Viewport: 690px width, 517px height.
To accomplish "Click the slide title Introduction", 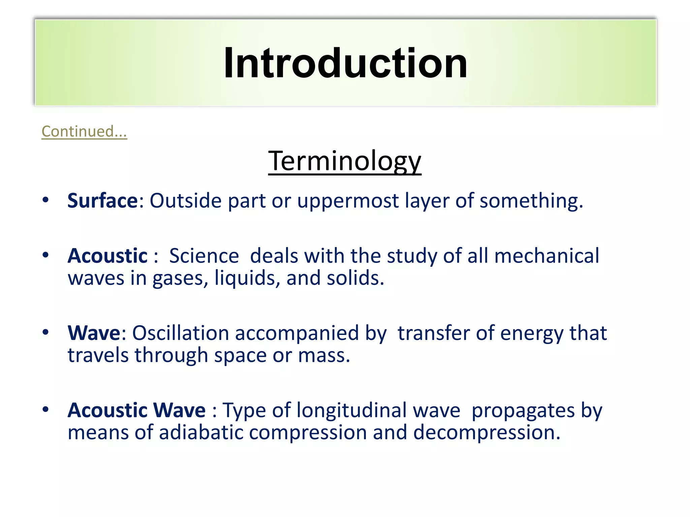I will click(x=345, y=63).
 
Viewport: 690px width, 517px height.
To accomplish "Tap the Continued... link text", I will click(x=84, y=131).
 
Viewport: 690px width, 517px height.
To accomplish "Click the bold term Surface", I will click(x=102, y=201).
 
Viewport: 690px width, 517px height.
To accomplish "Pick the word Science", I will click(x=204, y=256).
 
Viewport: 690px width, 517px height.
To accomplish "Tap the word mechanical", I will click(x=546, y=256).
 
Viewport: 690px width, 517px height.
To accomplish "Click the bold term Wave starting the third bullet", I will click(x=94, y=333).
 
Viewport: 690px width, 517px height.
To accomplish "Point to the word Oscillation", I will click(x=181, y=333).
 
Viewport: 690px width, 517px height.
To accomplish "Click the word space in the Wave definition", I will click(x=241, y=356).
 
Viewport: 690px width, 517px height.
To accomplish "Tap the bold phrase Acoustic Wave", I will click(x=136, y=410).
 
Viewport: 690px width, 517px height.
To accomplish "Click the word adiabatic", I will click(x=201, y=433).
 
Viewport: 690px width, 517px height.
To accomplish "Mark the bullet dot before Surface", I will click(x=45, y=200).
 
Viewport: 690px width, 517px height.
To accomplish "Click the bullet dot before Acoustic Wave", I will click(x=45, y=409).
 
